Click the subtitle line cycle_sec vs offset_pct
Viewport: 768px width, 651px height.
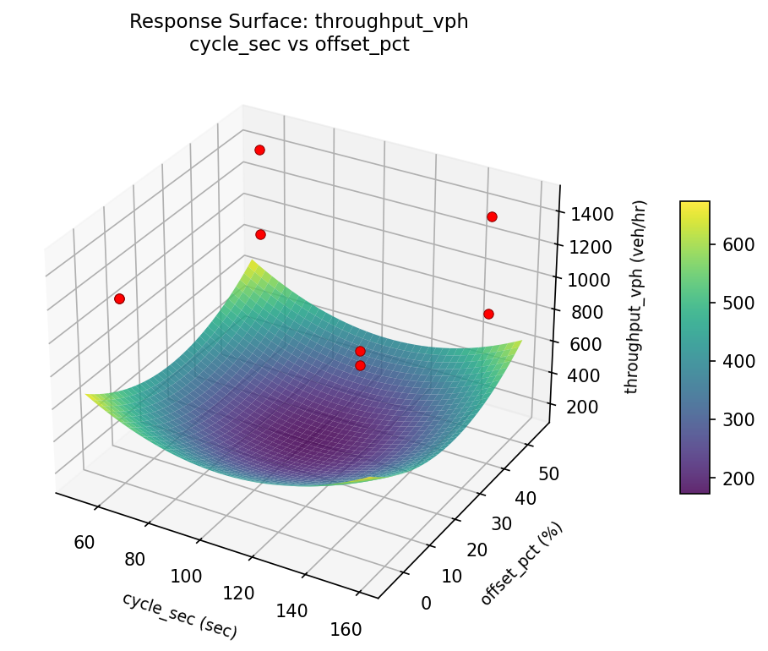[x=299, y=45]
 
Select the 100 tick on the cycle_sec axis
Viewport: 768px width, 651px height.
[x=187, y=576]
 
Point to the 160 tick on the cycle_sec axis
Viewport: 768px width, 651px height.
[x=346, y=629]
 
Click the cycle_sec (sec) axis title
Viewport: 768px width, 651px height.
[x=179, y=615]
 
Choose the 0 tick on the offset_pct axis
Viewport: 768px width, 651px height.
[x=425, y=603]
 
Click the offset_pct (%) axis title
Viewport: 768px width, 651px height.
[x=521, y=564]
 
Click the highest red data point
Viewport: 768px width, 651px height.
[x=259, y=150]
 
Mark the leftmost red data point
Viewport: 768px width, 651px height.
[x=119, y=298]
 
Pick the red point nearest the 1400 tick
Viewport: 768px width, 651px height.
[x=492, y=216]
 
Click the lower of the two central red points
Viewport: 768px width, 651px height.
[x=360, y=365]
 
